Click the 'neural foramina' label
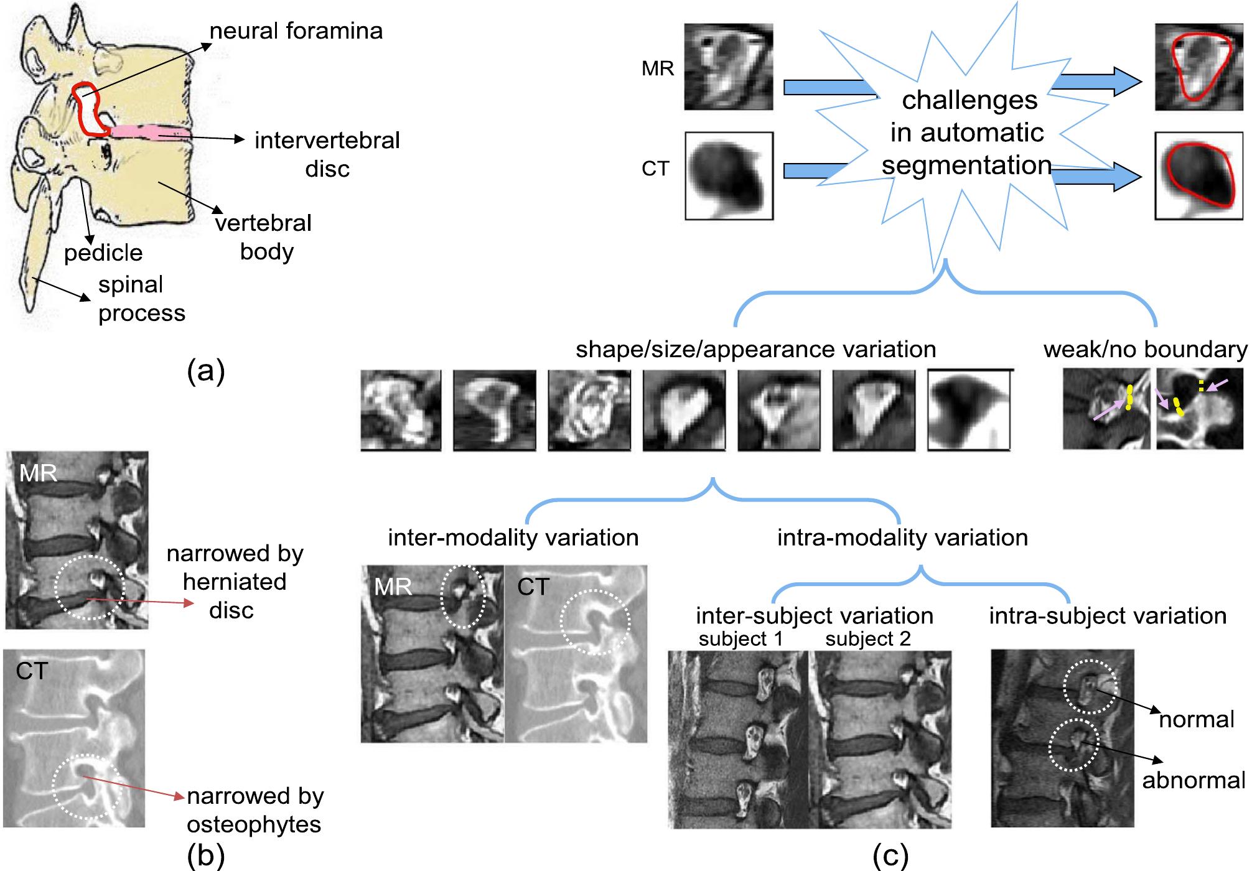tap(296, 31)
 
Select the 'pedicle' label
tap(103, 253)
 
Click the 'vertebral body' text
tap(264, 237)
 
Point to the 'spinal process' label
tap(141, 299)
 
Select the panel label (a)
tap(205, 371)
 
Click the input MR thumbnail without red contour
tap(729, 67)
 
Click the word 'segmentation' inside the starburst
tap(966, 165)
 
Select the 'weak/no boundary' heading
tap(1145, 350)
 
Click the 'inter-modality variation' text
tap(513, 538)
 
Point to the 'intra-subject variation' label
tap(1108, 616)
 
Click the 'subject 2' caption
tap(868, 639)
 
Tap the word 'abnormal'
tap(1193, 780)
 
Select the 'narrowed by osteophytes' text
tap(255, 810)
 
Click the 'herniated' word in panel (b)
tap(235, 582)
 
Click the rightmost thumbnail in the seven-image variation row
tap(968, 410)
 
